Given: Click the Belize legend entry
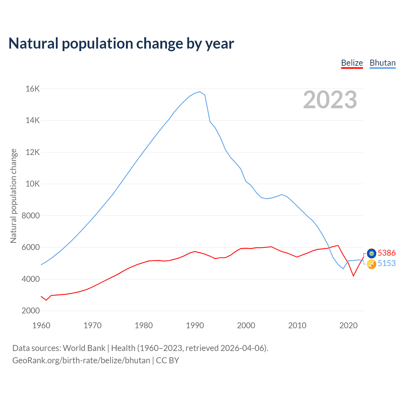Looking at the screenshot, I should [x=352, y=63].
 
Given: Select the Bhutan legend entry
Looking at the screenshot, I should [x=383, y=63].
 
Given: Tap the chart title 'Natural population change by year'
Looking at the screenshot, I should [x=121, y=43].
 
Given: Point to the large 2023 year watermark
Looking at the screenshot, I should [x=330, y=100].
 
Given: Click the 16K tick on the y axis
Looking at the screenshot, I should [x=33, y=89].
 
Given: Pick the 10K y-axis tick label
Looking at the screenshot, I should [x=33, y=184].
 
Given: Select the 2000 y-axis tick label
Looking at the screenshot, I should [x=31, y=311].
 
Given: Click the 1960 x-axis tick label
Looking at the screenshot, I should [x=41, y=325].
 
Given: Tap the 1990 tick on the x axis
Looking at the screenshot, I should [x=195, y=325].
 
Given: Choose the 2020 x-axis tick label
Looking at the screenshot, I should [x=348, y=325].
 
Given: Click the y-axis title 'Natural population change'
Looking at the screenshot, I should [x=13, y=196].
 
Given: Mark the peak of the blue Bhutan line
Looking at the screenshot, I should [x=200, y=92].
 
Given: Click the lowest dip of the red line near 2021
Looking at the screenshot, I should [x=353, y=276].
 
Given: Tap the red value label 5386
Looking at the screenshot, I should [x=387, y=253].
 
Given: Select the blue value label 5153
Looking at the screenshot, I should [x=387, y=263].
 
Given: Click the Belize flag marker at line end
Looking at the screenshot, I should [x=371, y=253].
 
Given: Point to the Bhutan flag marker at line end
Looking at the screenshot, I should [x=371, y=264].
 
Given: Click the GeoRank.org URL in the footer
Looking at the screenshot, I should [x=81, y=360].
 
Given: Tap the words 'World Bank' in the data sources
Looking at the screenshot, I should [x=84, y=348].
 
